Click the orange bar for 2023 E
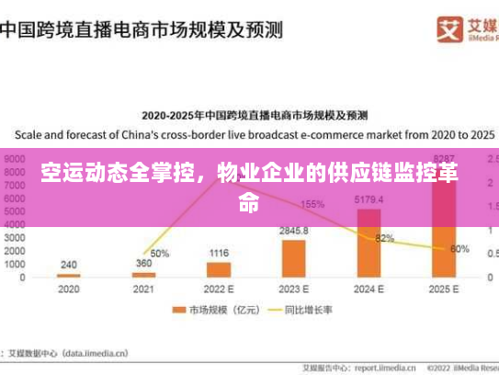(x=294, y=257)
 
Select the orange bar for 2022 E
(x=219, y=268)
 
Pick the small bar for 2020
(x=69, y=275)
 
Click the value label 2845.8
(x=294, y=231)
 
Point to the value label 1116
(x=219, y=252)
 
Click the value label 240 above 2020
(x=69, y=265)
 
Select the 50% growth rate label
(x=159, y=253)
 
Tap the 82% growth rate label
(x=384, y=239)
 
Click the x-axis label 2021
(x=144, y=289)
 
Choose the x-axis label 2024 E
(x=369, y=289)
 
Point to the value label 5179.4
(x=369, y=199)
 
